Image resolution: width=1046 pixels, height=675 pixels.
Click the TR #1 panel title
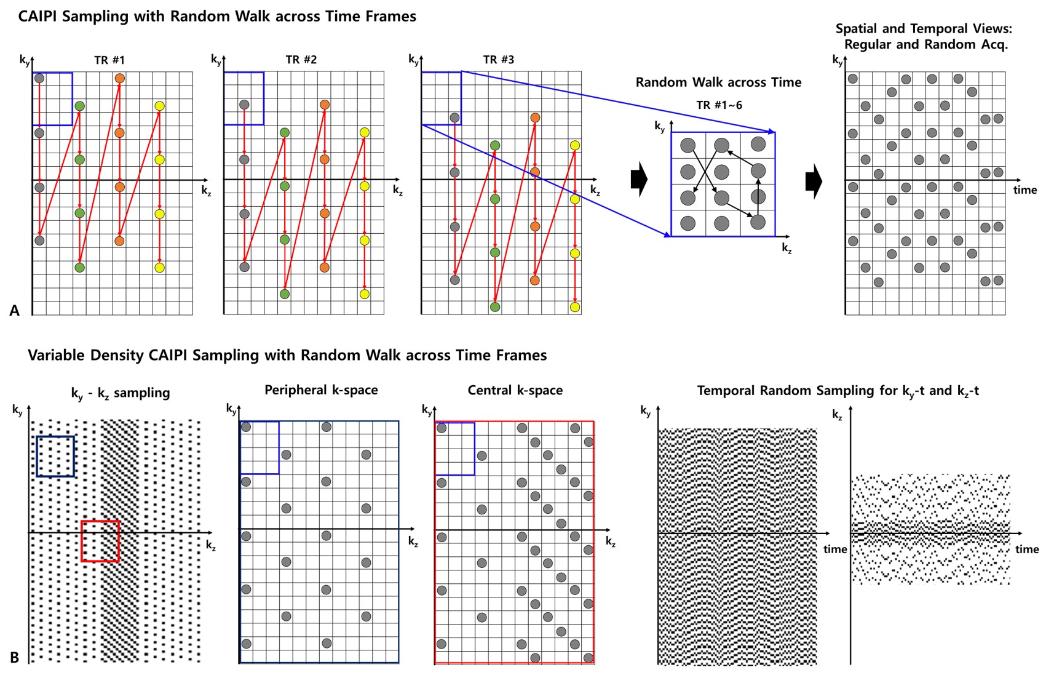click(109, 60)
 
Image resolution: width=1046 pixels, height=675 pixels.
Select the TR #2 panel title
click(301, 60)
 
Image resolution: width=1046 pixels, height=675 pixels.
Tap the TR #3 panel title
click(499, 60)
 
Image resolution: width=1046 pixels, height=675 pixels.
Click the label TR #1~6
click(719, 105)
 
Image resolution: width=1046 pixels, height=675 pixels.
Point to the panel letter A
click(15, 311)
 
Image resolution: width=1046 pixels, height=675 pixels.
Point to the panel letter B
click(15, 658)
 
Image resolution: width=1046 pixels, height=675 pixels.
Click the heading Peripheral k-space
click(321, 390)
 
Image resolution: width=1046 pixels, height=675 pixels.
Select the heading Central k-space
click(515, 390)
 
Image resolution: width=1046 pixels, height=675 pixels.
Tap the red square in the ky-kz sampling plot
click(100, 541)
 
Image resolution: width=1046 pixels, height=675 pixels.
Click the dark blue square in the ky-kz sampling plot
click(55, 457)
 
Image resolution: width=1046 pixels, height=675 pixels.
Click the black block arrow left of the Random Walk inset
click(639, 180)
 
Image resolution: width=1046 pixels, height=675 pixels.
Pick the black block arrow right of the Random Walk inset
click(814, 182)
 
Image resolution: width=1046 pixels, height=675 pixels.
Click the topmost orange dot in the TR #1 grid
click(119, 79)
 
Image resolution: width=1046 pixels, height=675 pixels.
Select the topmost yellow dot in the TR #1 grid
click(160, 106)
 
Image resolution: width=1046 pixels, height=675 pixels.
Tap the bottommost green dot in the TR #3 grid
click(495, 307)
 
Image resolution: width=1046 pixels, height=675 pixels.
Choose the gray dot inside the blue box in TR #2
click(244, 105)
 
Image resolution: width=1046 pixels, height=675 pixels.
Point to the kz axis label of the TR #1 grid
click(206, 191)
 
